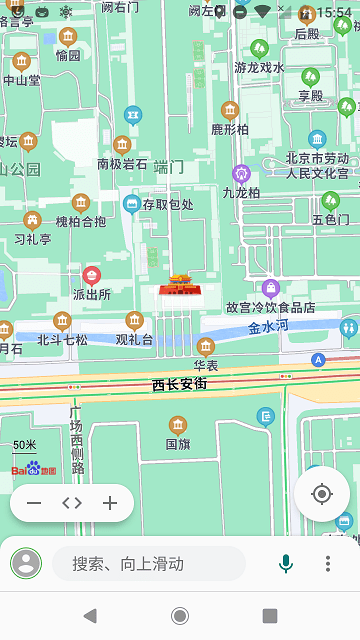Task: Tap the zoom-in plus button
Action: pyautogui.click(x=110, y=503)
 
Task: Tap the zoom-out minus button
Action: pyautogui.click(x=34, y=503)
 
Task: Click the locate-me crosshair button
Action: pyautogui.click(x=321, y=494)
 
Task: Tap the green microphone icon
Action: pyautogui.click(x=286, y=564)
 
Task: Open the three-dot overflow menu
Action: pyautogui.click(x=327, y=564)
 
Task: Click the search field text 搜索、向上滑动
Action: pyautogui.click(x=128, y=564)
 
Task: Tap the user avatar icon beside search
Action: pyautogui.click(x=26, y=564)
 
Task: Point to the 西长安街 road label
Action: pyautogui.click(x=179, y=384)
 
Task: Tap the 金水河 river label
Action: pyautogui.click(x=268, y=326)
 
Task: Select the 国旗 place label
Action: pyautogui.click(x=177, y=443)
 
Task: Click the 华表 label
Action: pyautogui.click(x=206, y=365)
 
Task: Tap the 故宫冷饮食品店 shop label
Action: pyautogui.click(x=270, y=307)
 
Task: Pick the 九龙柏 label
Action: pyautogui.click(x=241, y=192)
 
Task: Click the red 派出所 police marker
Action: pyautogui.click(x=92, y=275)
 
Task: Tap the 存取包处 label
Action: pyautogui.click(x=167, y=204)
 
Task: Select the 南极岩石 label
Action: pyautogui.click(x=122, y=164)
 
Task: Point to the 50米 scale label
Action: pyautogui.click(x=25, y=445)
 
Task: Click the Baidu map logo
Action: pyautogui.click(x=33, y=468)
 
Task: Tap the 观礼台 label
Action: pyautogui.click(x=134, y=339)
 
